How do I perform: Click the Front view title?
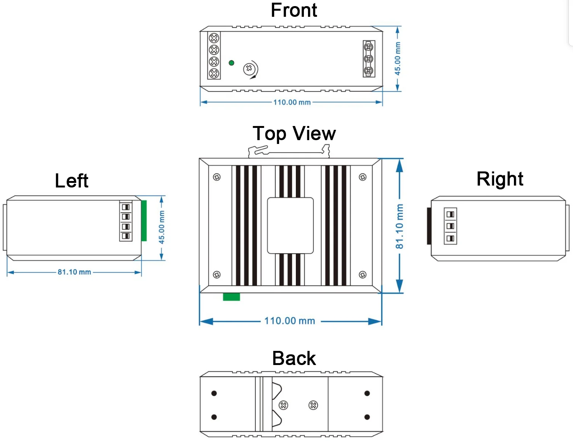[294, 10]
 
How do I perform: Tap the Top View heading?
[294, 133]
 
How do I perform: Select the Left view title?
[71, 181]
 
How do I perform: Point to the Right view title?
[500, 179]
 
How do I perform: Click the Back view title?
[294, 359]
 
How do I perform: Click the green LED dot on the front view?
[231, 63]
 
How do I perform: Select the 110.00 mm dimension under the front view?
[292, 102]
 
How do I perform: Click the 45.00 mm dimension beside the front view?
[397, 58]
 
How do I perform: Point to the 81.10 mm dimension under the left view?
[74, 272]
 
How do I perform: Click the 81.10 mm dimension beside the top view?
[399, 226]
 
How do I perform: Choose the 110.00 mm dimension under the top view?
[289, 321]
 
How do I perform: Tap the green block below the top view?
[231, 297]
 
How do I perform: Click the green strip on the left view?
[144, 221]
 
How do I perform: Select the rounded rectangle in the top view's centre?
[290, 225]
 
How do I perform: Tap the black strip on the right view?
[429, 226]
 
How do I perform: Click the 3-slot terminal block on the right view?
[450, 226]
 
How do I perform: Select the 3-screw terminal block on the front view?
[369, 59]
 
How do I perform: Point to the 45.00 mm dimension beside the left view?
[161, 227]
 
